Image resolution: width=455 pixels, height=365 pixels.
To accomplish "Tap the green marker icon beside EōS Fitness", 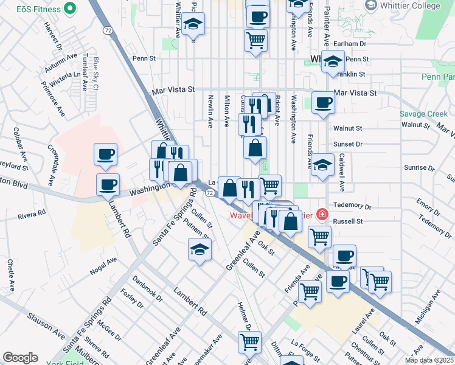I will [x=70, y=9].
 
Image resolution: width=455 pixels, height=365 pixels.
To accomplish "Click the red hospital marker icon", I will [x=321, y=215].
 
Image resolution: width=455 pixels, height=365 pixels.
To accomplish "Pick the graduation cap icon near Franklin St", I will [x=333, y=61].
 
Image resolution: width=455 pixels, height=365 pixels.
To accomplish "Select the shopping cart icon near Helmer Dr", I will [x=249, y=342].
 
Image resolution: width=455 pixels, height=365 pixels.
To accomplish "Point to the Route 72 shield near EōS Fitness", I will [x=107, y=29].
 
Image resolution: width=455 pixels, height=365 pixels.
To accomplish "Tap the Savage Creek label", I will [x=423, y=114].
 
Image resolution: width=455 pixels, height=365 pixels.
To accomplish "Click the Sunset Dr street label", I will [x=348, y=145].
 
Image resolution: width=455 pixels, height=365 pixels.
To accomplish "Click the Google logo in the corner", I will [x=20, y=357].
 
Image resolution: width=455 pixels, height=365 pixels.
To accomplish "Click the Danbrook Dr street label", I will [x=148, y=289].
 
